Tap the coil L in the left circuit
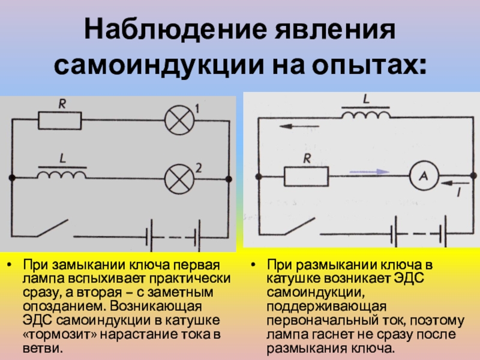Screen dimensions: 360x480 (x=61, y=174)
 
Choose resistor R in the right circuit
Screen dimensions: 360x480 (x=306, y=176)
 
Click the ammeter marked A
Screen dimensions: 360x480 (x=423, y=176)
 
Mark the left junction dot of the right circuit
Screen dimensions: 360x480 (x=259, y=176)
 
